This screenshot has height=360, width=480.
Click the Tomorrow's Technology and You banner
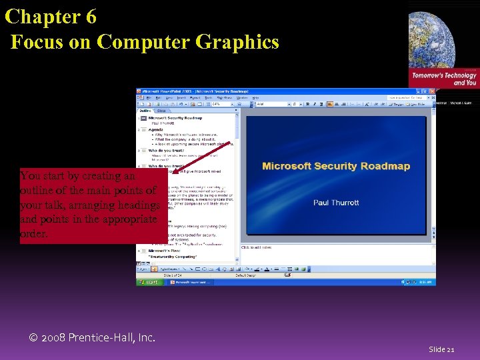coord(444,79)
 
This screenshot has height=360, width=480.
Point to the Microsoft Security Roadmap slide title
coord(336,166)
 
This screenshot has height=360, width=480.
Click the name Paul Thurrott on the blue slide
coord(336,202)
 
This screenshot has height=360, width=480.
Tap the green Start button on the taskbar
coord(150,282)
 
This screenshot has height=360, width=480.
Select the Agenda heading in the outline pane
coord(156,129)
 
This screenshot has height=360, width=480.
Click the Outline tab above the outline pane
coord(145,111)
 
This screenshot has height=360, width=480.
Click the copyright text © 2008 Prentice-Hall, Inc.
coord(92,338)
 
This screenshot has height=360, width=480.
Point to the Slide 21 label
coord(441,349)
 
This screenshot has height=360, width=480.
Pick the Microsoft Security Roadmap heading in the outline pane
coord(175,118)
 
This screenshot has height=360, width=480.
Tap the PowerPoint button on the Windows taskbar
coord(191,282)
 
